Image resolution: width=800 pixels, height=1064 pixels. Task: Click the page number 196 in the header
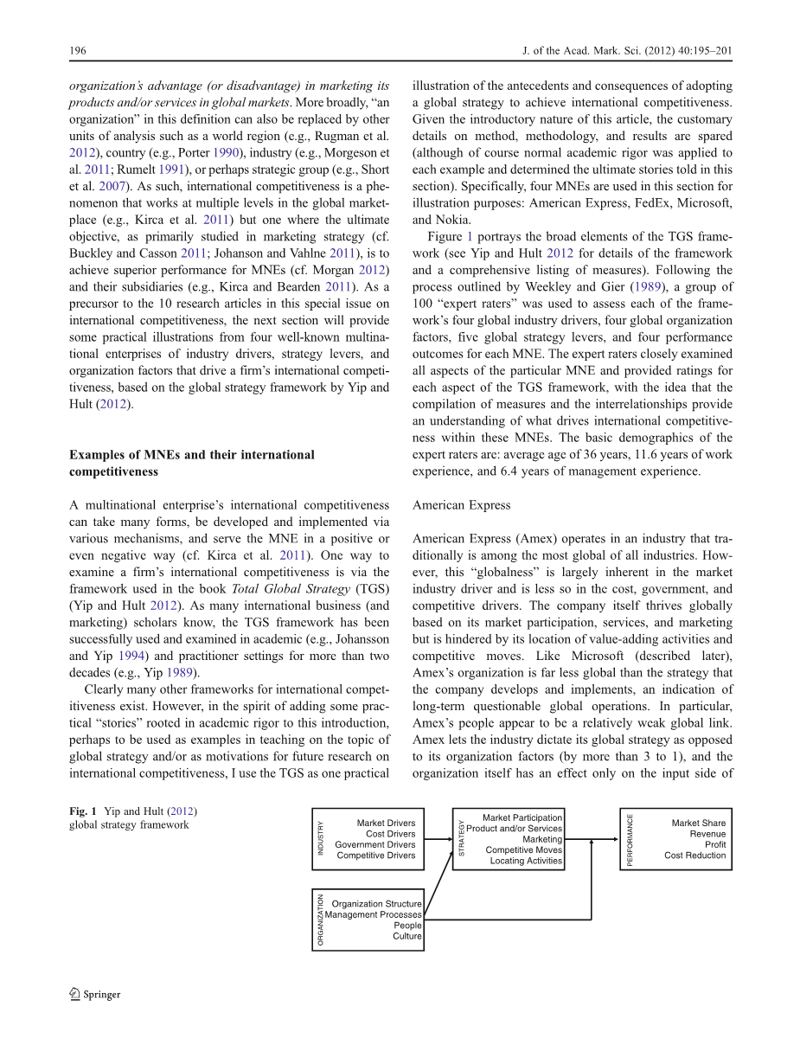coord(77,51)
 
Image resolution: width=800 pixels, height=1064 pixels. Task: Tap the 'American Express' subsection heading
coord(461,505)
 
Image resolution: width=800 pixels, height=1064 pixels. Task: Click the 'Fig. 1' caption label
coord(83,811)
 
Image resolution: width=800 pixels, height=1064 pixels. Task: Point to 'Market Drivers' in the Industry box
coord(386,824)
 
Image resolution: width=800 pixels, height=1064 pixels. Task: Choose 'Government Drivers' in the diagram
coord(375,845)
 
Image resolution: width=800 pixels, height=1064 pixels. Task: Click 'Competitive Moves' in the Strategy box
coord(523,850)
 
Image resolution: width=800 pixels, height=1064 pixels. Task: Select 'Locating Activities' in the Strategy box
coord(526,862)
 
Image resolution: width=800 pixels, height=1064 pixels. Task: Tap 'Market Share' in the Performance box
coord(699,824)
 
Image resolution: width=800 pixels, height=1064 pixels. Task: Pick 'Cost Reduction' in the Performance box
coord(695,856)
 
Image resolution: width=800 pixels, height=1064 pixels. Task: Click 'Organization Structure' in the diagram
coord(377,904)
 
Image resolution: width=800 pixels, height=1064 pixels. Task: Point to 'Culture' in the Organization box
coord(407,936)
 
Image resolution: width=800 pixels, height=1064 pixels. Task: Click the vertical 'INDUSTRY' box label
coord(320,839)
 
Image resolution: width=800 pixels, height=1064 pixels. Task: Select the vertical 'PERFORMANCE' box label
coord(630,839)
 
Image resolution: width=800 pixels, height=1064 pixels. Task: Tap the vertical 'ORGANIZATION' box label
coord(320,920)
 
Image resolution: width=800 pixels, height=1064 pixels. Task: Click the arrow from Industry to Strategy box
coord(438,839)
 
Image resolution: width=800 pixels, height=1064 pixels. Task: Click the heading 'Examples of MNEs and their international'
coord(192,455)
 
